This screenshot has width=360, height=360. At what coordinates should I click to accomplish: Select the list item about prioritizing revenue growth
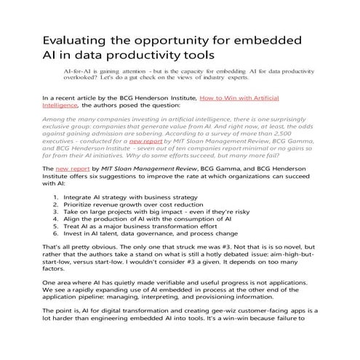[x=131, y=206]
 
